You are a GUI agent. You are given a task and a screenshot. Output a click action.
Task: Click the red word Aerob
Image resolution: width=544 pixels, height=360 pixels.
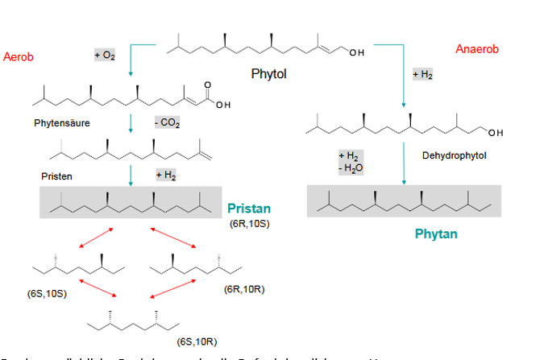(x=19, y=57)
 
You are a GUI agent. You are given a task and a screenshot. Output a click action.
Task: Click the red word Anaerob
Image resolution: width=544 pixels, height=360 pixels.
(x=477, y=50)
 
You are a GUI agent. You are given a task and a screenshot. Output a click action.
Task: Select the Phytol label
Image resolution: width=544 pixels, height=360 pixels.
(x=269, y=75)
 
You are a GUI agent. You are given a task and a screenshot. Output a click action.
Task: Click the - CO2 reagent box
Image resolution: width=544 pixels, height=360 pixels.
(x=167, y=123)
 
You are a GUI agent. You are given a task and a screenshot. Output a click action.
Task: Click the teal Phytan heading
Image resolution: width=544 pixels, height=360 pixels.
(x=436, y=234)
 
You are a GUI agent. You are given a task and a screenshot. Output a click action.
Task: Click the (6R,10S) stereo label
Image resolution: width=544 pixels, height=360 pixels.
(x=249, y=223)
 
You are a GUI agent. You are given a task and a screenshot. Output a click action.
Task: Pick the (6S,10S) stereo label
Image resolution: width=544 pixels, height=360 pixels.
(x=47, y=293)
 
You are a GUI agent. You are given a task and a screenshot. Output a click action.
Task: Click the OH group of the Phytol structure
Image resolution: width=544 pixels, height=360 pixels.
(x=356, y=53)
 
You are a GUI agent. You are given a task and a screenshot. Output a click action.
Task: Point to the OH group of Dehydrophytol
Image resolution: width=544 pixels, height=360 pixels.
(x=494, y=132)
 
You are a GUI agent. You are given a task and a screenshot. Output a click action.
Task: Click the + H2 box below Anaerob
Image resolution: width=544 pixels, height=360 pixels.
(x=422, y=74)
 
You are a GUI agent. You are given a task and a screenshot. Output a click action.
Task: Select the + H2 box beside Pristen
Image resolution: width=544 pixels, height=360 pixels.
(x=165, y=174)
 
